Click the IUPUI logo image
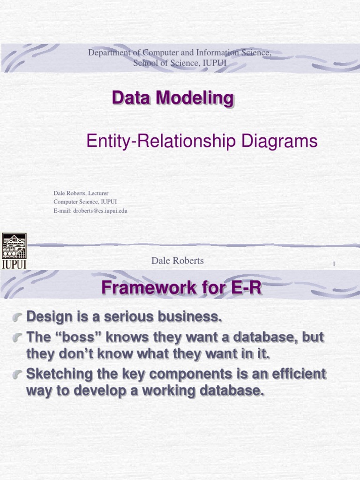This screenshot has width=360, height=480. coord(15,251)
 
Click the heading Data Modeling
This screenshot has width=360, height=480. coord(172,98)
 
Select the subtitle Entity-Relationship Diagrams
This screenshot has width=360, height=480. coord(202,141)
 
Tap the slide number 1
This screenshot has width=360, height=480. coord(334,264)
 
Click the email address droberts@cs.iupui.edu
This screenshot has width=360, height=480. coord(99,211)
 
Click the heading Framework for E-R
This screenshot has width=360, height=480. coord(181,287)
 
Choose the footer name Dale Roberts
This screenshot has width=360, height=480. coord(177,261)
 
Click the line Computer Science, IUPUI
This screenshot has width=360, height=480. coord(85,202)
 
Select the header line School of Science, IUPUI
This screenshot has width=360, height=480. coord(180,63)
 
